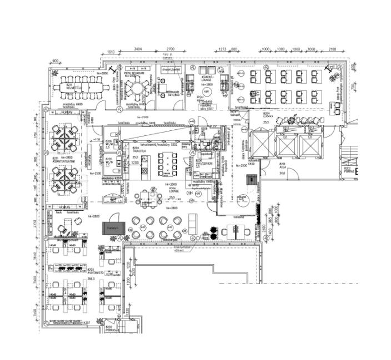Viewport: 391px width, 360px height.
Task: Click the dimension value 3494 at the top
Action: click(x=137, y=50)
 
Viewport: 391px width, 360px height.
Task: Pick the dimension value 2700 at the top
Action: click(x=170, y=50)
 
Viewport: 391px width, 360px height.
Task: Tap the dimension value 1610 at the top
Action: click(x=111, y=52)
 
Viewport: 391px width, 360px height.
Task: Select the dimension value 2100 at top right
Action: click(x=332, y=50)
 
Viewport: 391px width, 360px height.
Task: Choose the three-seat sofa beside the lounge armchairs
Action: click(x=193, y=224)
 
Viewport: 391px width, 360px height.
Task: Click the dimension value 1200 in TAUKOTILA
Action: click(x=135, y=163)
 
